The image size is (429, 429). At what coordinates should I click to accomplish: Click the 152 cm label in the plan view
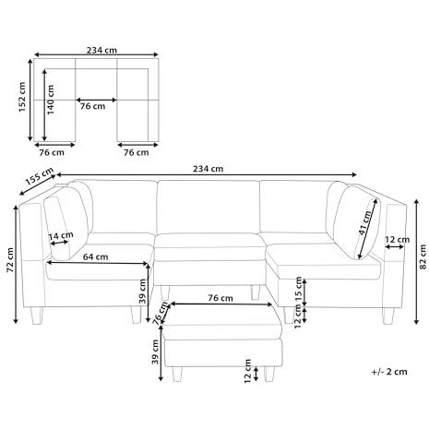coord(22,97)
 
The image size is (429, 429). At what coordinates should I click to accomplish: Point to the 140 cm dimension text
coord(50,100)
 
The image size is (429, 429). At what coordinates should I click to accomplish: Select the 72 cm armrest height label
coord(10,260)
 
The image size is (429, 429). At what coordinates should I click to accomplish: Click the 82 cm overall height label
coord(423,257)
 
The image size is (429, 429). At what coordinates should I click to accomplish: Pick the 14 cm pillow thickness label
coord(61,236)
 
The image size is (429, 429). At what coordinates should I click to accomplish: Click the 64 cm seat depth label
coord(96,256)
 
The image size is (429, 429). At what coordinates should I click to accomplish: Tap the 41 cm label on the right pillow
coord(365,222)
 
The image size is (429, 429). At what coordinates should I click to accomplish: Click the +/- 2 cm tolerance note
coord(389,372)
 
